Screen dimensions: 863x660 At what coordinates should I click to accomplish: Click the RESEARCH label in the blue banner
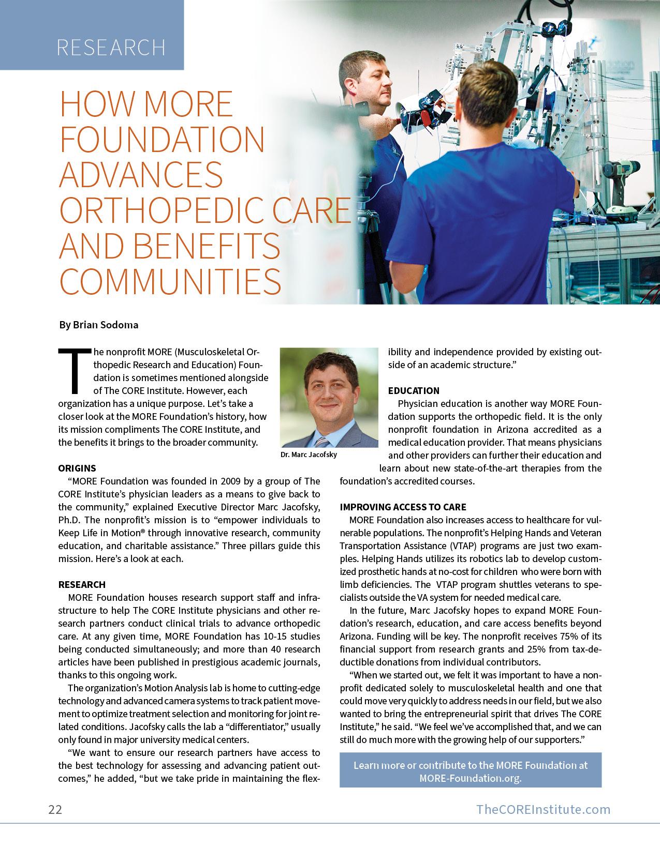111,48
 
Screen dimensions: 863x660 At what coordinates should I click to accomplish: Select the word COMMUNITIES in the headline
170,281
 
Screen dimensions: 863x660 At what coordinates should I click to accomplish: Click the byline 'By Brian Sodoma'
98,325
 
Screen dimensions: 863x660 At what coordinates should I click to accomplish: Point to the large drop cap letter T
75,371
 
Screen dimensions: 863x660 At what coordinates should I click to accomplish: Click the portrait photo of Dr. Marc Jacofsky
329,397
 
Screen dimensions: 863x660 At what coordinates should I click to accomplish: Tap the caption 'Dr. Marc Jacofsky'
309,455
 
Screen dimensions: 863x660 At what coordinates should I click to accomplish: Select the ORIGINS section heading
77,468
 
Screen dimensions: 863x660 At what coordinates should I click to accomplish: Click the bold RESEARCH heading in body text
82,585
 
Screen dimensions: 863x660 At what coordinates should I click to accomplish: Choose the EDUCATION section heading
414,391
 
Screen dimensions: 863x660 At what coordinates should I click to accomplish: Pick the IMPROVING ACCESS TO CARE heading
403,507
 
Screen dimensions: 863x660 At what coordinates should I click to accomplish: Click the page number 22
55,809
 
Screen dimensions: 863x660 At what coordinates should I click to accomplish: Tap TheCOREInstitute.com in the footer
543,809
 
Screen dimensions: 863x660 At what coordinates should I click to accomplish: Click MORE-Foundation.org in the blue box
470,779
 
